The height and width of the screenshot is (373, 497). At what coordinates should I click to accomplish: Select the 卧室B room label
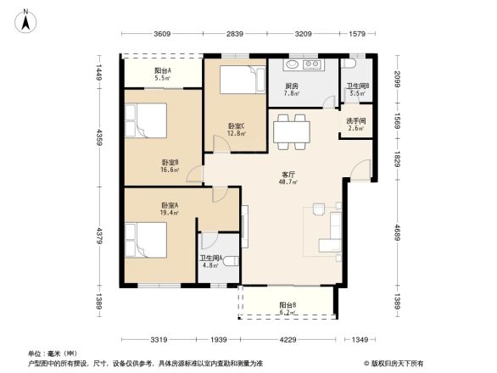point(170,163)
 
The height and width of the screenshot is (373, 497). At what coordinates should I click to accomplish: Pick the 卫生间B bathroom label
point(356,86)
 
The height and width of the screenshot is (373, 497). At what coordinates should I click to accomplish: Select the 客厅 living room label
point(288,174)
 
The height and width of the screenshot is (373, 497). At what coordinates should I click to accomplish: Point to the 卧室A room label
point(170,205)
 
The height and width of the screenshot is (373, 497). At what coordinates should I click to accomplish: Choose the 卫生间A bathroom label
point(210,258)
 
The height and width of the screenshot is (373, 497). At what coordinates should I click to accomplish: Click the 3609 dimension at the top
point(163,34)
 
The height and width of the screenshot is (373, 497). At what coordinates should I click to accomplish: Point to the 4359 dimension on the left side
point(99,137)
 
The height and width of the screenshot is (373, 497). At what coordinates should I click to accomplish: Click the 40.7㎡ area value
point(288,181)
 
